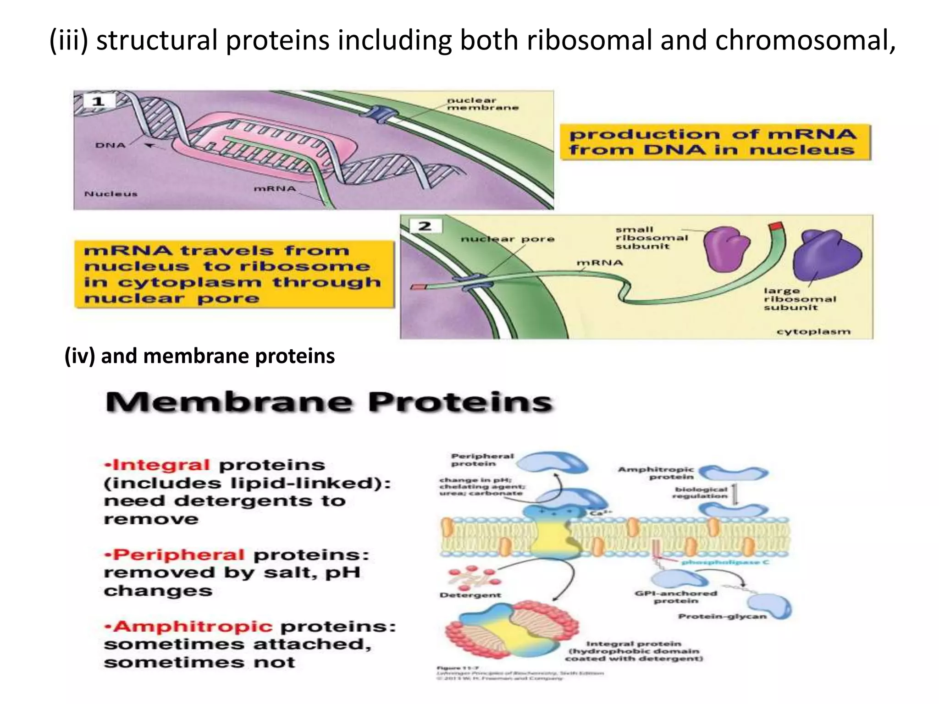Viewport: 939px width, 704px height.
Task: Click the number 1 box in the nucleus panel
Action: tap(98, 101)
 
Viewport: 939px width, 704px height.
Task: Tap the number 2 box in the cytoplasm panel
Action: tap(425, 226)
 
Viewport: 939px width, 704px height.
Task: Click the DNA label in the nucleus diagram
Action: tap(110, 145)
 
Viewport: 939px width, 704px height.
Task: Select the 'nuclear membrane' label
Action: tap(482, 104)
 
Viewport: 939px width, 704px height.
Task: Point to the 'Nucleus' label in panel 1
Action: tap(111, 194)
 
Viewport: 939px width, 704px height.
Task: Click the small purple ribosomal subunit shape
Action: tap(724, 248)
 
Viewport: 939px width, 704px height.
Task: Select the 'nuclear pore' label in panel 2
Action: tap(507, 239)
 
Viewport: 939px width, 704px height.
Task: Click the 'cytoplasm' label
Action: tap(813, 331)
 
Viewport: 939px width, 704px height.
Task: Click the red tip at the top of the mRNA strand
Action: tap(776, 226)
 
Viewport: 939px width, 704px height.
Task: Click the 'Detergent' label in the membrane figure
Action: tap(470, 595)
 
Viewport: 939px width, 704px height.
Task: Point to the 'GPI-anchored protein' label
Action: tap(676, 597)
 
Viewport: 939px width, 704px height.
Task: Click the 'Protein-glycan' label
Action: tap(722, 616)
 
